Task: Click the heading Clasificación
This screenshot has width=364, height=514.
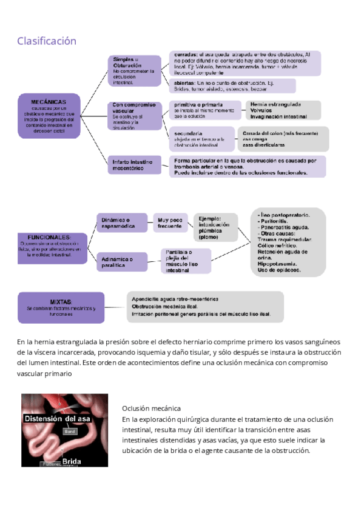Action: coord(47,41)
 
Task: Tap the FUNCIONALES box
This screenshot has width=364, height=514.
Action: coord(50,246)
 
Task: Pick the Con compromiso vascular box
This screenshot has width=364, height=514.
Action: coord(134,116)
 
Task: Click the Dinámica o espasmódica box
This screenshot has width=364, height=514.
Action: coord(121,222)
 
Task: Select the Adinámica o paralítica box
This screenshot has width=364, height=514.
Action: coord(121,262)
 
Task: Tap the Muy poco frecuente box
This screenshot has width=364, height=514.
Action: coord(170,222)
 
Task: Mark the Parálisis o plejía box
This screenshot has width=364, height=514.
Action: coord(186,261)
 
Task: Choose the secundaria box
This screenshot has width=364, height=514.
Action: coord(203,139)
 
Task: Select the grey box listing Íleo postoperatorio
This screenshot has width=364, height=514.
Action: coord(288,242)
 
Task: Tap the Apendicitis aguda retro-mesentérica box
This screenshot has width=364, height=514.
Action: coord(204,307)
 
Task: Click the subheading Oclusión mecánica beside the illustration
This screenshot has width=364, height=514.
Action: coord(151,409)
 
